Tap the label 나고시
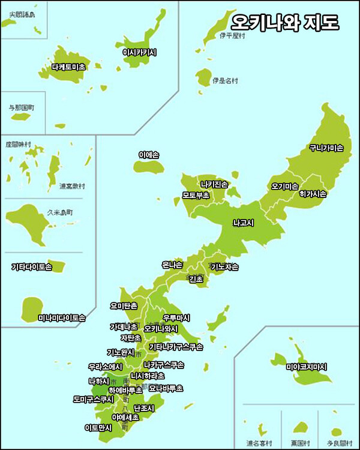coord(244,223)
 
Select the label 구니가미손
coord(326,148)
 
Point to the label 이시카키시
coord(139,53)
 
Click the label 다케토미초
coord(69,67)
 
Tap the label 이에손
coord(148,155)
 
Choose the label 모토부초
coord(196,195)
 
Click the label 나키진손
coord(214,184)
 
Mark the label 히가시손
coord(313,194)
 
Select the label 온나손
coord(172,265)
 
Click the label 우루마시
coord(176,317)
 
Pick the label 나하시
coord(99,381)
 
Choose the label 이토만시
coord(98,428)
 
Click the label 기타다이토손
coord(32,266)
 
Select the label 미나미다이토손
coord(62,318)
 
